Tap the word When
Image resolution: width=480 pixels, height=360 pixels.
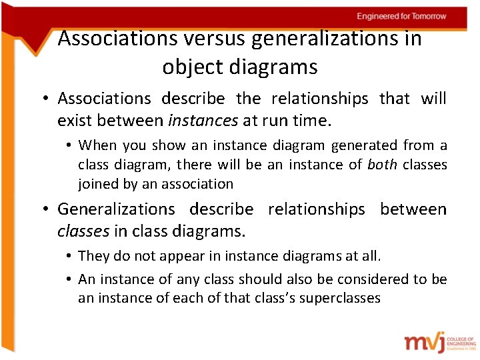pos(97,145)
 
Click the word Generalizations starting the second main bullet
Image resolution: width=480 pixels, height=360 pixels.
pos(115,209)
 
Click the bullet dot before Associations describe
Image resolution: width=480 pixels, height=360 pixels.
pos(43,99)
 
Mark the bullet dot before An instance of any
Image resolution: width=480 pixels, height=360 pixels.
pos(69,279)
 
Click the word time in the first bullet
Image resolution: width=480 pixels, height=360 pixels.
pos(313,121)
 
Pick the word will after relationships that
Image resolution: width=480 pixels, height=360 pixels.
pos(433,99)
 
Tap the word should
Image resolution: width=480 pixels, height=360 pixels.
pos(260,279)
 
